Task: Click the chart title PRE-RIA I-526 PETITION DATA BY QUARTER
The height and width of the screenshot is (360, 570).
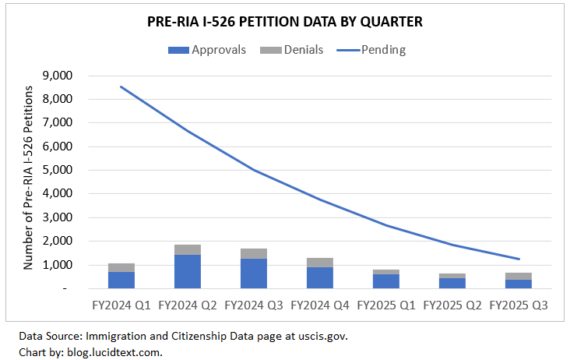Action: [284, 23]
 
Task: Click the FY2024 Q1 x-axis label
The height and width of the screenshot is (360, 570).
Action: [121, 305]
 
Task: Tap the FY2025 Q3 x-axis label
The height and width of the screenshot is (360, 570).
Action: [519, 305]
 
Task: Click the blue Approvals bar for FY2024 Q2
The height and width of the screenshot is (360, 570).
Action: [188, 271]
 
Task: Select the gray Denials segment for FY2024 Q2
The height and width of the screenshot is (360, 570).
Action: [188, 249]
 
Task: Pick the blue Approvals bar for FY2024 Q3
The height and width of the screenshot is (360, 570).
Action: [254, 274]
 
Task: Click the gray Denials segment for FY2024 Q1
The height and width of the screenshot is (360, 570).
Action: [121, 267]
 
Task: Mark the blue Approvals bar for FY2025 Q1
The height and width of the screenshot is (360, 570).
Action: [386, 281]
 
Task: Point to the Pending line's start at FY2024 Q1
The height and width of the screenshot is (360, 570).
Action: [121, 86]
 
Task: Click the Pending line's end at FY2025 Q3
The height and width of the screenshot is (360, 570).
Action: [519, 259]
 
